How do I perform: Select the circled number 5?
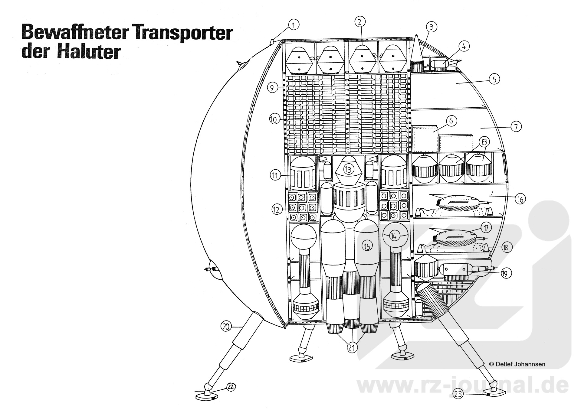(x=494, y=79)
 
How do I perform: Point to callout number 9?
(x=272, y=88)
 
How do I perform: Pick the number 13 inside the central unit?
(x=348, y=170)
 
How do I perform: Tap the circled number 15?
(x=367, y=246)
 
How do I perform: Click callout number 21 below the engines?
(x=351, y=348)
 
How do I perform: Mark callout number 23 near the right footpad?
(x=458, y=394)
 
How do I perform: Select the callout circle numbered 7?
(x=516, y=126)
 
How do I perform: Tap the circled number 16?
(x=520, y=199)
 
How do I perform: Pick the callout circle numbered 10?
(x=273, y=119)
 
